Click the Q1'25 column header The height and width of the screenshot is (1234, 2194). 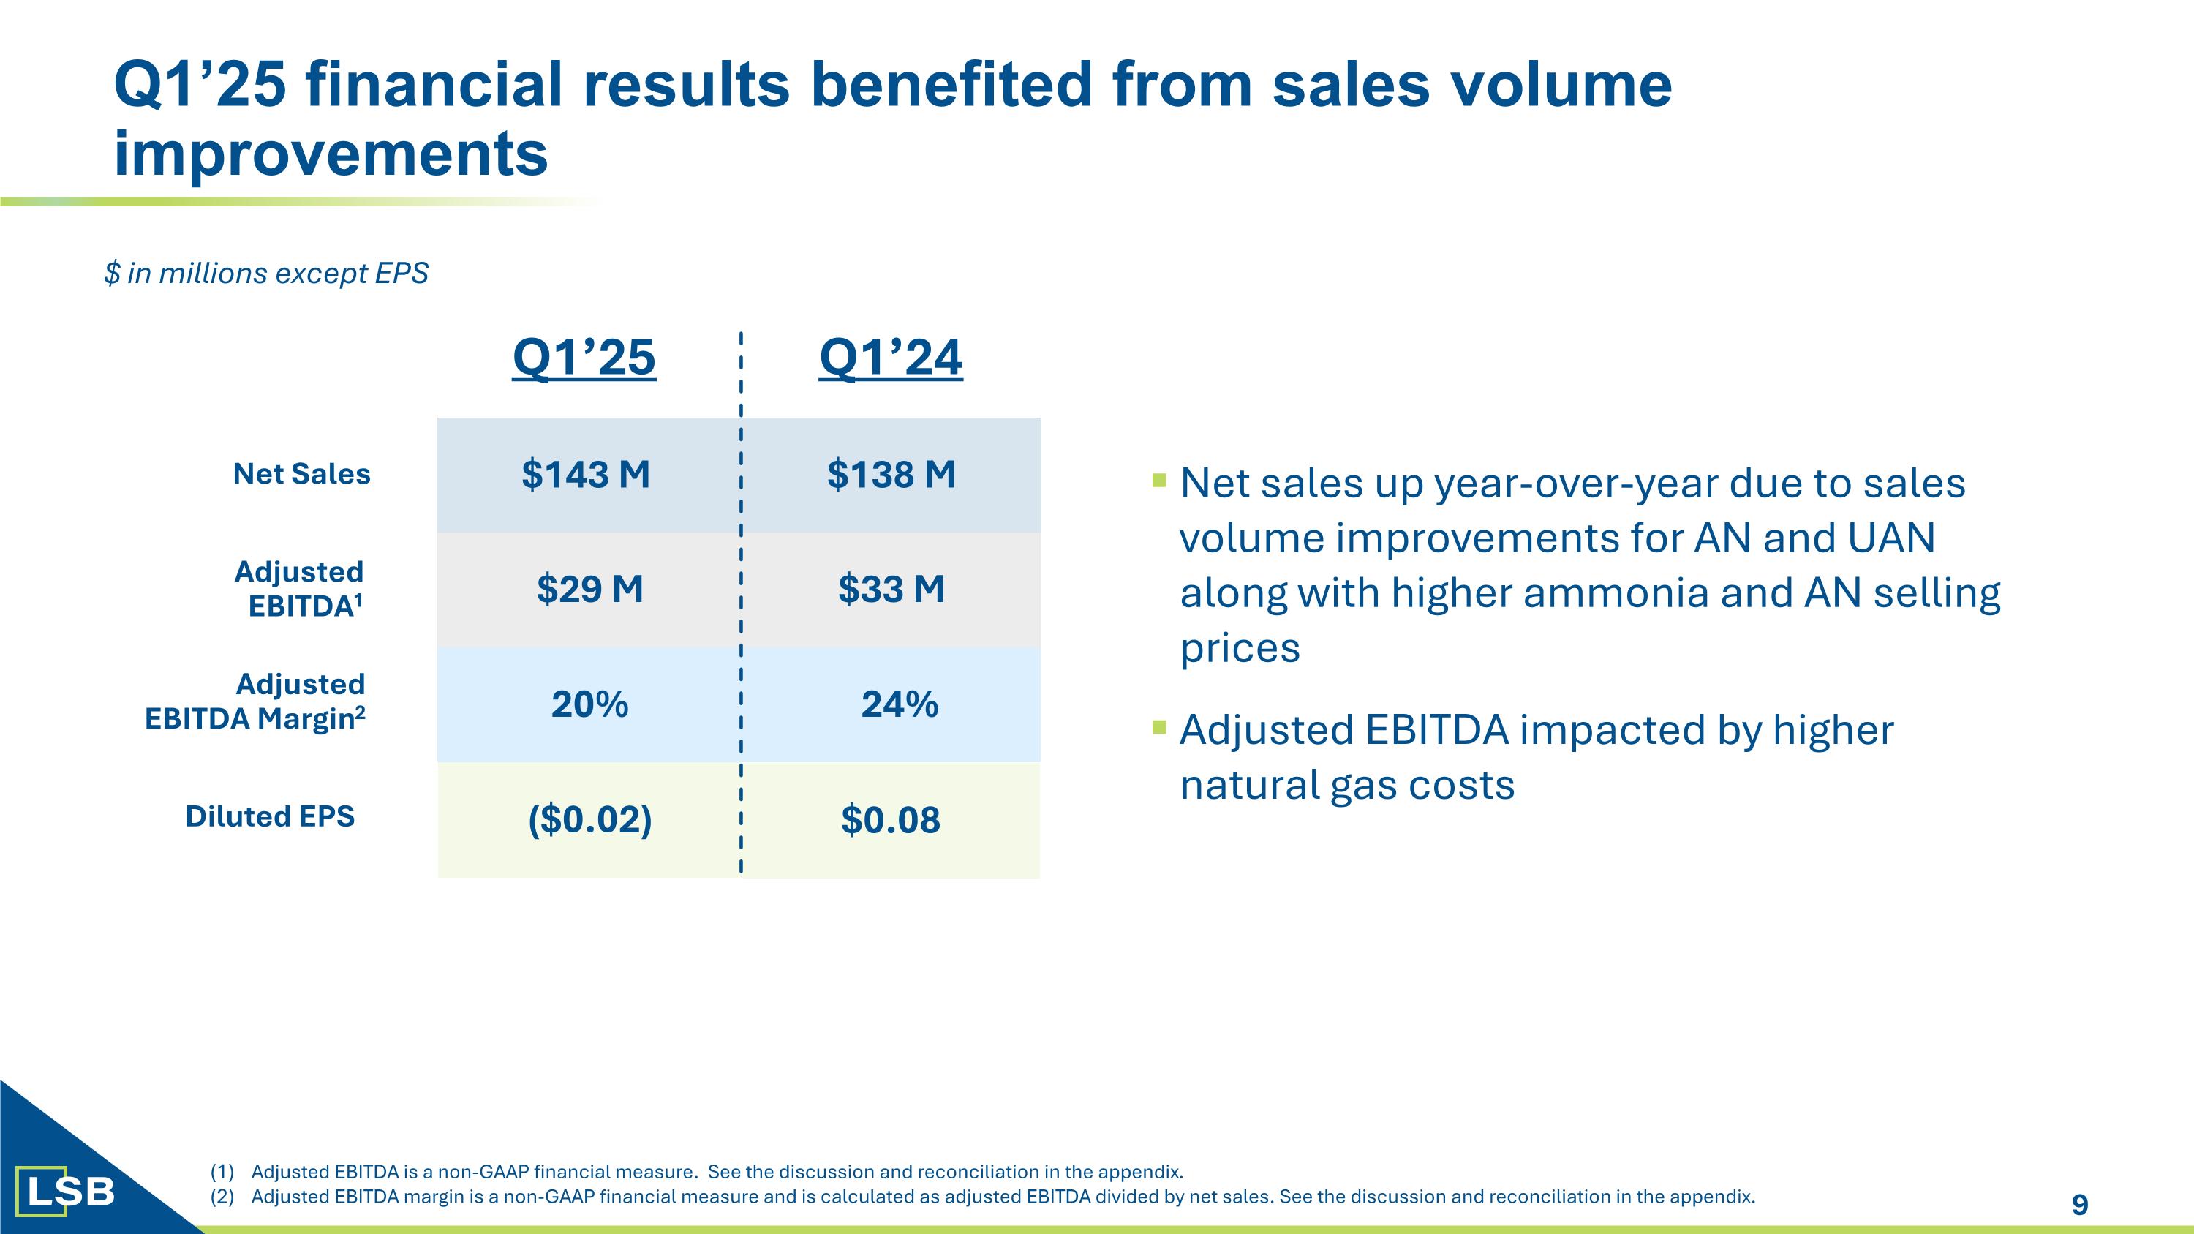click(584, 357)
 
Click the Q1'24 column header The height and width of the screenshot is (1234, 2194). click(891, 357)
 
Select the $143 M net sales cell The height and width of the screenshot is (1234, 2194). click(586, 474)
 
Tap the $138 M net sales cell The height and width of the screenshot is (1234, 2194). click(891, 474)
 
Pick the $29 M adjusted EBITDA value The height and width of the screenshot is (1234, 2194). click(589, 590)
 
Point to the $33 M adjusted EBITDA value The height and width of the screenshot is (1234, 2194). click(891, 590)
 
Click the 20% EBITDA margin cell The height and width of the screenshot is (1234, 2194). click(589, 704)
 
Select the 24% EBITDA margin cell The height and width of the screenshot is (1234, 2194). click(900, 704)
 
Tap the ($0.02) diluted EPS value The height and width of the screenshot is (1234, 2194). click(589, 819)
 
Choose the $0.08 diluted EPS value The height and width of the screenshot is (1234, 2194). click(891, 819)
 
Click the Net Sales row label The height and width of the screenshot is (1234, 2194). click(301, 473)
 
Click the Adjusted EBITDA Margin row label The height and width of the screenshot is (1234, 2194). click(255, 701)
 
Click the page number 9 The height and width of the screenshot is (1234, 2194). click(2080, 1204)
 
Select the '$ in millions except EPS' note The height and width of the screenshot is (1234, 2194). click(265, 274)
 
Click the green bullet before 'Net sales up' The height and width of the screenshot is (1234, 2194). click(1158, 481)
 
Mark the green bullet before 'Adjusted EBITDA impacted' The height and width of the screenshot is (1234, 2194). click(1158, 726)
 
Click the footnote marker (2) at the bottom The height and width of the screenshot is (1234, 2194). click(222, 1197)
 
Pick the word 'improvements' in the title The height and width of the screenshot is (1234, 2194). click(331, 154)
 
